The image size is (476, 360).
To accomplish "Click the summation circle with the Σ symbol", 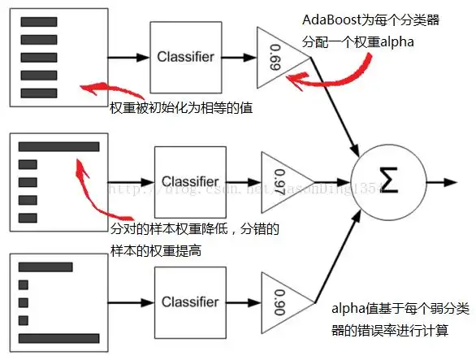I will point(387,181).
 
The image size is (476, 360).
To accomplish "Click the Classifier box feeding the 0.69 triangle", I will point(185,58).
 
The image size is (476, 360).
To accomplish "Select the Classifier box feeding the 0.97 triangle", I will point(190,182).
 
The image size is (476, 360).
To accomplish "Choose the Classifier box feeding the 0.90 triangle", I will point(188,302).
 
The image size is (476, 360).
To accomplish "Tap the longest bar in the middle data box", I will point(58,147).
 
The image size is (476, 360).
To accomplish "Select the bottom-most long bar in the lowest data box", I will point(58,336).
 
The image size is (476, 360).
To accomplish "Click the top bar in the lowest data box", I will point(45,267).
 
